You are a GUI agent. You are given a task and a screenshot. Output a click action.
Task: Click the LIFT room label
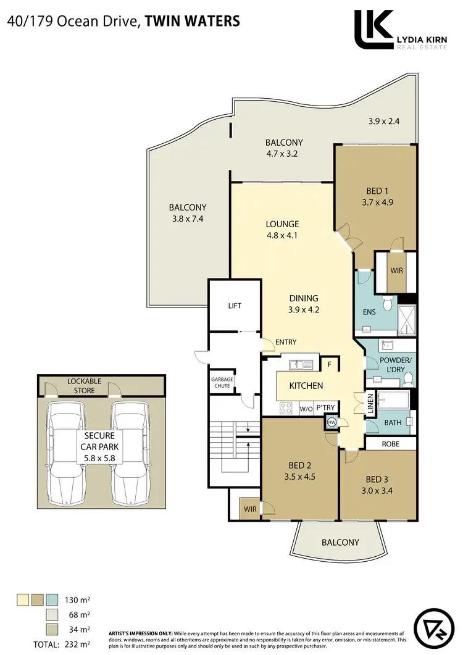point(234,306)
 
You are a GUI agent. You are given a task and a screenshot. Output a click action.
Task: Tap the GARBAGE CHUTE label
point(221,382)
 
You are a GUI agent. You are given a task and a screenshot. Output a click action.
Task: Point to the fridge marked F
point(330,365)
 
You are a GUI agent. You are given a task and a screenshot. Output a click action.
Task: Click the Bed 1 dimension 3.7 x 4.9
point(373,201)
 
